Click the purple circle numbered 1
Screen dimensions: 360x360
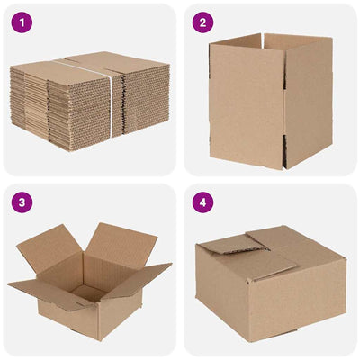tap(23, 23)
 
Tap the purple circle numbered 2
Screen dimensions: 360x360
tap(203, 23)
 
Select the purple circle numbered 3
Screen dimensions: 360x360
tap(23, 202)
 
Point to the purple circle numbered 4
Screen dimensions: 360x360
tap(203, 202)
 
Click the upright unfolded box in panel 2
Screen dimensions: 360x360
tap(270, 99)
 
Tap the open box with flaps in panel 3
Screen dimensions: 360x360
tap(90, 279)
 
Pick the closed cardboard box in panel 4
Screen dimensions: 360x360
tap(270, 283)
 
